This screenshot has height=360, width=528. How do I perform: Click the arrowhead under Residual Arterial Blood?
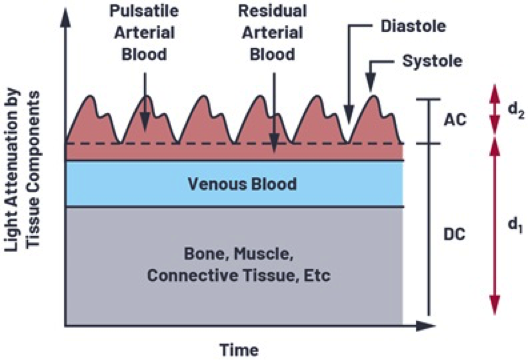pos(274,146)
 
